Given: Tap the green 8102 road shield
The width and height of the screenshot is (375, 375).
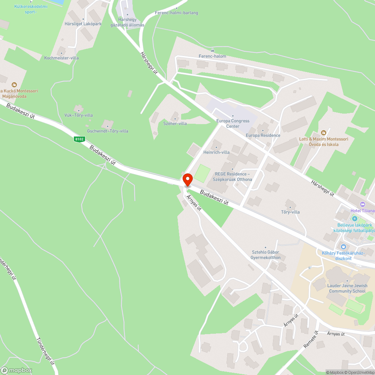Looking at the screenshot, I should [79, 139].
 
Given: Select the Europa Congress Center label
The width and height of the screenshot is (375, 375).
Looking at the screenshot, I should [232, 123].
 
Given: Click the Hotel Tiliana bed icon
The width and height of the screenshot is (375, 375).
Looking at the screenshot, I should [362, 204].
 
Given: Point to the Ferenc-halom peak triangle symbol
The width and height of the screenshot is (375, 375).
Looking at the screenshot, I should [213, 50].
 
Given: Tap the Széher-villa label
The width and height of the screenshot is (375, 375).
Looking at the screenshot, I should [175, 123].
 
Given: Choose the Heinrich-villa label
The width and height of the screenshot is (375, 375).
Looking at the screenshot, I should [216, 152].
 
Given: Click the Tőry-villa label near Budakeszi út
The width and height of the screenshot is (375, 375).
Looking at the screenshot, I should [290, 212].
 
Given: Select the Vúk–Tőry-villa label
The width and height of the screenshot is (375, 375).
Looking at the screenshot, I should [78, 115].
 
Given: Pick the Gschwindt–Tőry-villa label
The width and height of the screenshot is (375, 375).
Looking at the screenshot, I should [108, 131].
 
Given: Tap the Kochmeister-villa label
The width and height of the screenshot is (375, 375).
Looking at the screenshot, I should [61, 58].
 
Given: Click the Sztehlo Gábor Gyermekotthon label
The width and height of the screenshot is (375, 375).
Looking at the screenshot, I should [265, 255].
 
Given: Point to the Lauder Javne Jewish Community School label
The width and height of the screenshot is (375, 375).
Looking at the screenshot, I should [347, 288].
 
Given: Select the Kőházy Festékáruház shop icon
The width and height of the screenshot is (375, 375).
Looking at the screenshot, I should [343, 246].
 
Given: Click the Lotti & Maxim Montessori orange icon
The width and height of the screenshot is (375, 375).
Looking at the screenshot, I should [324, 133].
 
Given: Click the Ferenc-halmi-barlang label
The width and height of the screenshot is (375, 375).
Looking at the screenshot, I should [176, 13].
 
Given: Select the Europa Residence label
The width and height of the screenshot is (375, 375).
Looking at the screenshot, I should [263, 135].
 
